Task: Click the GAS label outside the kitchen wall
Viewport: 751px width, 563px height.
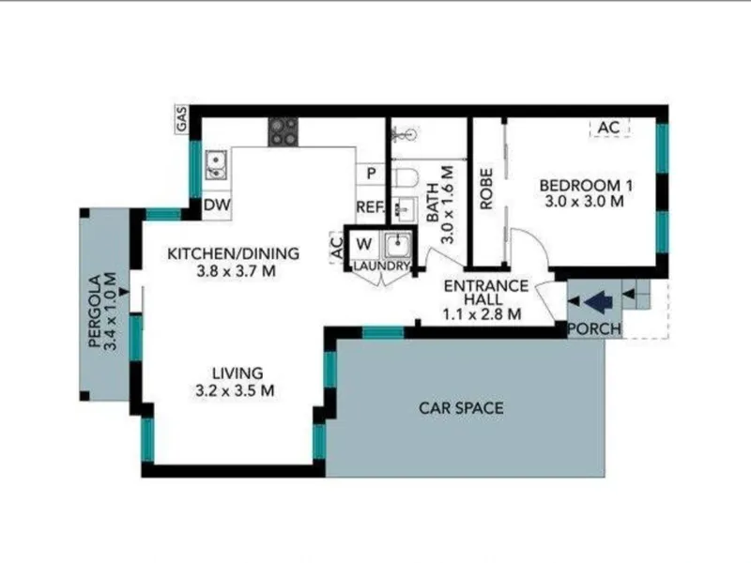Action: (x=182, y=119)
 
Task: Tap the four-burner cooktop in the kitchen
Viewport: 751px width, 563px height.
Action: (x=284, y=131)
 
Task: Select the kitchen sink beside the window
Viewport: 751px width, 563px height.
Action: (x=217, y=164)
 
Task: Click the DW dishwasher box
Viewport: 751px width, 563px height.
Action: (x=217, y=205)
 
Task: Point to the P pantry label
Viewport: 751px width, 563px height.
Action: (x=371, y=174)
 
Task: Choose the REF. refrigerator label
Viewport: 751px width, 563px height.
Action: (x=370, y=207)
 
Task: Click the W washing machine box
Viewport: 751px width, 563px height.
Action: (x=364, y=245)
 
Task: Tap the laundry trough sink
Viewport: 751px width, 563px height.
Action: (x=397, y=246)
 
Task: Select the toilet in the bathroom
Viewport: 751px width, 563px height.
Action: (x=406, y=177)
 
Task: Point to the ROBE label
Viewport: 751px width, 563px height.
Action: (x=486, y=189)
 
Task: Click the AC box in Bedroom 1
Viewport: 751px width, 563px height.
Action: (x=608, y=128)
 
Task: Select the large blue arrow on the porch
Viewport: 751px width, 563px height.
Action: (x=599, y=301)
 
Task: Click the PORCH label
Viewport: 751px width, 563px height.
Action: (x=594, y=329)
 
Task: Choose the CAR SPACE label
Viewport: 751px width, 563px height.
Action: (x=461, y=408)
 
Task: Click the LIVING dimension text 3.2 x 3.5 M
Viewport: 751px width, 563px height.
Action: (x=236, y=390)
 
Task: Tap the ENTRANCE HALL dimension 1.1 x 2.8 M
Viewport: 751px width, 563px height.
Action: (x=482, y=314)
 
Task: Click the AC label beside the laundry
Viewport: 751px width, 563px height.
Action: (x=337, y=248)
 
